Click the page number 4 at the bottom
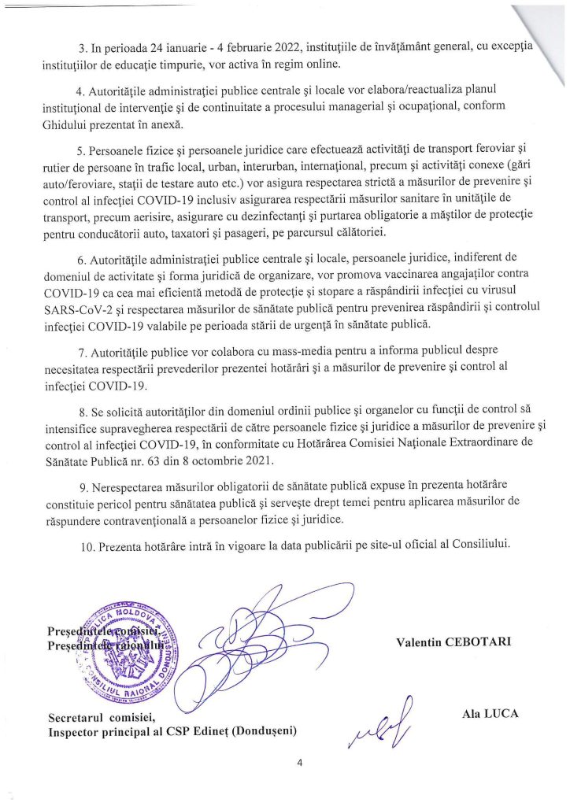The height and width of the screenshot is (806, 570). tap(300, 762)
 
